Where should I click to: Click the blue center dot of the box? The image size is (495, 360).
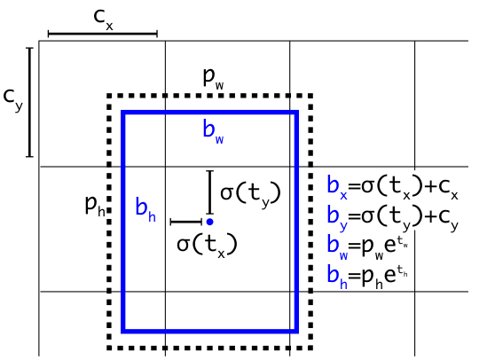pyautogui.click(x=209, y=222)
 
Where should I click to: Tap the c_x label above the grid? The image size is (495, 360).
pyautogui.click(x=103, y=20)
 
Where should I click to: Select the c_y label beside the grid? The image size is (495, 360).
pyautogui.click(x=13, y=99)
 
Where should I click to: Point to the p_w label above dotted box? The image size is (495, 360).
pyautogui.click(x=214, y=79)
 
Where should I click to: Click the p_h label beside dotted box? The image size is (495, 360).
pyautogui.click(x=95, y=206)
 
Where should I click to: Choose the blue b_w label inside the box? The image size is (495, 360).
pyautogui.click(x=213, y=132)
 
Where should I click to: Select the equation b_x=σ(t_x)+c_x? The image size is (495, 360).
pyautogui.click(x=392, y=188)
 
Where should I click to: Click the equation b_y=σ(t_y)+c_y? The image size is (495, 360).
pyautogui.click(x=393, y=218)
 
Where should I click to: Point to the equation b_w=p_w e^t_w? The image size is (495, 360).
pyautogui.click(x=368, y=247)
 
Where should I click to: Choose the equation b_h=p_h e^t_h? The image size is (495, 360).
pyautogui.click(x=367, y=277)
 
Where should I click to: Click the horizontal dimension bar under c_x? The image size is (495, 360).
pyautogui.click(x=103, y=34)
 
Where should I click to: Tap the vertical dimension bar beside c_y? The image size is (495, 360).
pyautogui.click(x=29, y=102)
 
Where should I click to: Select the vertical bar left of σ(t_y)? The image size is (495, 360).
pyautogui.click(x=210, y=192)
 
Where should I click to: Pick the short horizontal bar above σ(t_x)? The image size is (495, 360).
pyautogui.click(x=186, y=223)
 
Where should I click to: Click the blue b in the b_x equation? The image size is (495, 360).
pyautogui.click(x=333, y=185)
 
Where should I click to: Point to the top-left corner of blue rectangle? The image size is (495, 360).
pyautogui.click(x=123, y=112)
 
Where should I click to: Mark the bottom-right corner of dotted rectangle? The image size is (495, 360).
pyautogui.click(x=310, y=348)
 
